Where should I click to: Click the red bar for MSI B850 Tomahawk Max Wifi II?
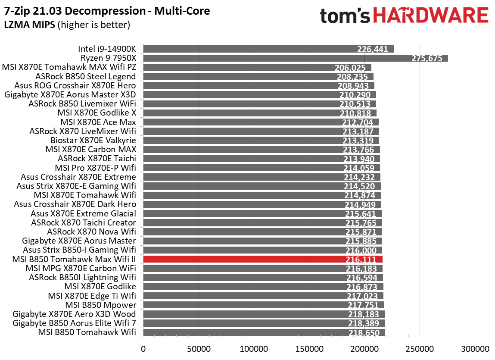pos(263,259)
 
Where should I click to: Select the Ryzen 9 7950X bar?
pos(295,58)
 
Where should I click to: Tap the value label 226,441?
pos(373,49)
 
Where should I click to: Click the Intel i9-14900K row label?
pos(107,49)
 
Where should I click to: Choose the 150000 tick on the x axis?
pos(309,348)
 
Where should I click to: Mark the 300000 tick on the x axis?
pos(475,348)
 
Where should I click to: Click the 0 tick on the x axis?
pos(143,348)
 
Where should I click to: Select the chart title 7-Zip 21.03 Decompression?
pos(107,11)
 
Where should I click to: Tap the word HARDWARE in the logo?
pos(430,16)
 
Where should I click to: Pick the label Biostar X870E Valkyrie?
pos(93,140)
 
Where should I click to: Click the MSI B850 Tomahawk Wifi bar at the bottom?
pos(264,332)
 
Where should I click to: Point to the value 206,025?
pos(350,68)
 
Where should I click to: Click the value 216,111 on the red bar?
pos(361,260)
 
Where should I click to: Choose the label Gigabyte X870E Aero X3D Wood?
pos(74,314)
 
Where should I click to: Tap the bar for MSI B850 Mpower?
pos(263,305)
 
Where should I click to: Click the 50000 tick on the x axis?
pos(198,348)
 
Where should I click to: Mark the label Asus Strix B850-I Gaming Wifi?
pos(79,250)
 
